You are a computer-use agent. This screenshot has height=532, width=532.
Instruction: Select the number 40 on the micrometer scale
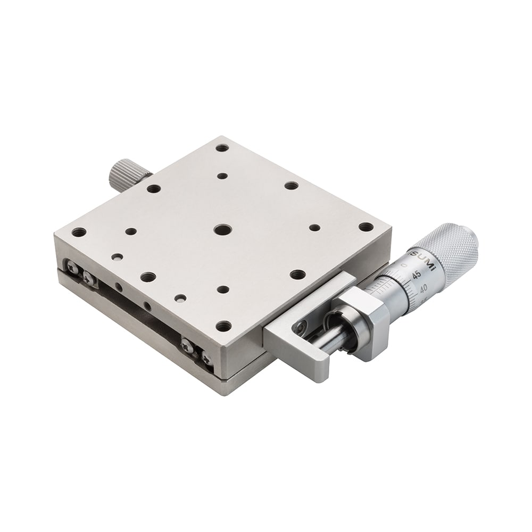pos(425,289)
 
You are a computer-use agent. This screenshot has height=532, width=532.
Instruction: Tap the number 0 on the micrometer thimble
pos(405,264)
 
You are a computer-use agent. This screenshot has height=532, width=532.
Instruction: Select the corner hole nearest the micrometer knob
pos(365,227)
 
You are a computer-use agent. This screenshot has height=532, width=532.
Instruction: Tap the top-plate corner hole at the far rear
pos(222,147)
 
